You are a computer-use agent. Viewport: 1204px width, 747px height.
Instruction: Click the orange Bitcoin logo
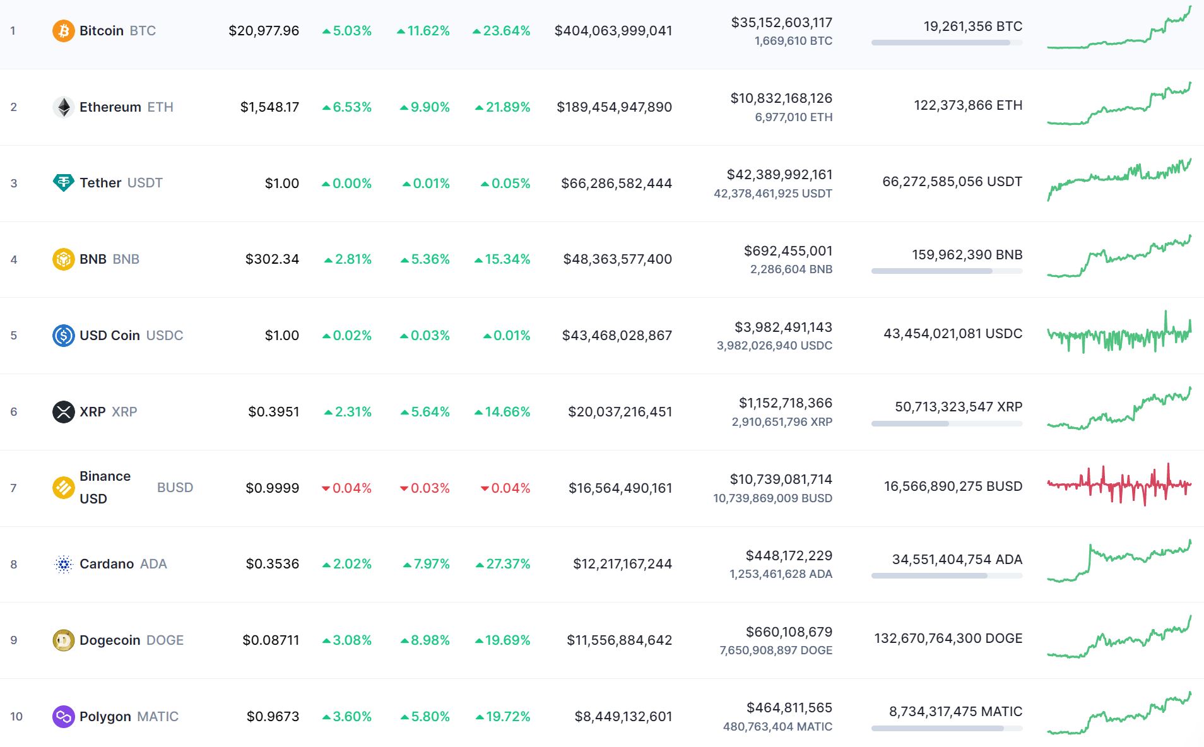point(63,30)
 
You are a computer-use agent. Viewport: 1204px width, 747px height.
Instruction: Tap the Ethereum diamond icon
point(63,107)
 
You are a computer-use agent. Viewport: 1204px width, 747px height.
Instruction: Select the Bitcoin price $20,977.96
point(264,30)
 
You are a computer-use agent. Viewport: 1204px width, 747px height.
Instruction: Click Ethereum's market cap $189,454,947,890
point(614,107)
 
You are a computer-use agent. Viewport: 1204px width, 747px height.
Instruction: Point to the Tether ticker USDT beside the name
point(145,183)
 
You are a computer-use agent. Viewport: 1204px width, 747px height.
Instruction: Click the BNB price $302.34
point(272,259)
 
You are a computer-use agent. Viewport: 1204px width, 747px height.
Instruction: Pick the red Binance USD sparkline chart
point(1119,485)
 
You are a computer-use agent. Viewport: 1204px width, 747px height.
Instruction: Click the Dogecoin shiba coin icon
point(63,640)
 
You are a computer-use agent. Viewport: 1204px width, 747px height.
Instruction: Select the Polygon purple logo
point(63,716)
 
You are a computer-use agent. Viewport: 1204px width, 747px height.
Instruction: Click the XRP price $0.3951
point(273,411)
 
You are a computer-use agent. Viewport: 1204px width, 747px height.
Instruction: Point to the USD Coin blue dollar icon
point(63,335)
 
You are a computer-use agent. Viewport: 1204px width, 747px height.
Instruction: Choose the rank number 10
point(16,716)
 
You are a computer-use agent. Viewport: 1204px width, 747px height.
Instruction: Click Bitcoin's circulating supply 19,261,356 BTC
point(972,26)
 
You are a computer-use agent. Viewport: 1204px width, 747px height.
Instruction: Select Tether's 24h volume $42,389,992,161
point(779,174)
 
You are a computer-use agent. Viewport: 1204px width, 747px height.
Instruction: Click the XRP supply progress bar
point(947,424)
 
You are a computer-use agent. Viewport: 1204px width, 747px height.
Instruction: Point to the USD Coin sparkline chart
point(1119,333)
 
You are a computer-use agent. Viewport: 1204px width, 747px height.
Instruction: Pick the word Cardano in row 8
point(107,563)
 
